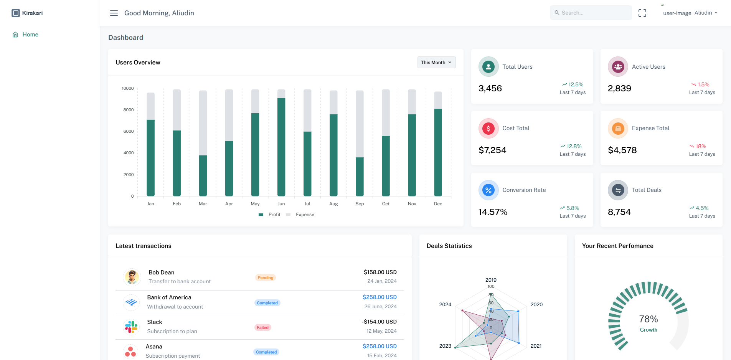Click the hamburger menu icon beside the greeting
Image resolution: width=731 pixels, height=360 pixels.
pyautogui.click(x=114, y=13)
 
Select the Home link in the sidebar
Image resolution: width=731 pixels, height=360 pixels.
pyautogui.click(x=30, y=35)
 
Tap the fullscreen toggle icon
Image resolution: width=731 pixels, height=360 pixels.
pyautogui.click(x=642, y=13)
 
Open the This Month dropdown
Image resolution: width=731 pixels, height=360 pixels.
pyautogui.click(x=436, y=63)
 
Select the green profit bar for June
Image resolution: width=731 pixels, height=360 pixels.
pyautogui.click(x=281, y=147)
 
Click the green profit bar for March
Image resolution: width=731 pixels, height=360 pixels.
pyautogui.click(x=203, y=175)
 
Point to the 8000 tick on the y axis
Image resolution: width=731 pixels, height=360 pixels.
pyautogui.click(x=129, y=110)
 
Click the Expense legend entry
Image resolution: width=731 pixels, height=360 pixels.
pyautogui.click(x=305, y=215)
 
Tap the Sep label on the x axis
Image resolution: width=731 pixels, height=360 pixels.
pyautogui.click(x=360, y=204)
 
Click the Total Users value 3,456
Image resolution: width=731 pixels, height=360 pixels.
pyautogui.click(x=490, y=89)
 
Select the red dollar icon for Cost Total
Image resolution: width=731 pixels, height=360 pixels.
pyautogui.click(x=488, y=129)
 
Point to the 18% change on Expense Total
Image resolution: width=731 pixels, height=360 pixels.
pyautogui.click(x=700, y=146)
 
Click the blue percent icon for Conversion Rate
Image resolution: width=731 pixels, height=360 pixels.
pyautogui.click(x=488, y=190)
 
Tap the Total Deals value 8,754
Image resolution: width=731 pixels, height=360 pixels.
pyautogui.click(x=619, y=212)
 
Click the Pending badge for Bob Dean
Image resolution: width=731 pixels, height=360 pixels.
pyautogui.click(x=265, y=277)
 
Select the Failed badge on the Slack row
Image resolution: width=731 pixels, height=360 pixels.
pyautogui.click(x=262, y=327)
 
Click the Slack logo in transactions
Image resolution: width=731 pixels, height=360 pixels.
pyautogui.click(x=131, y=327)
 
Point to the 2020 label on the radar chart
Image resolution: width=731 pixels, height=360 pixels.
pyautogui.click(x=536, y=304)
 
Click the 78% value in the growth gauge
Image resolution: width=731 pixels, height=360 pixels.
pyautogui.click(x=648, y=319)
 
